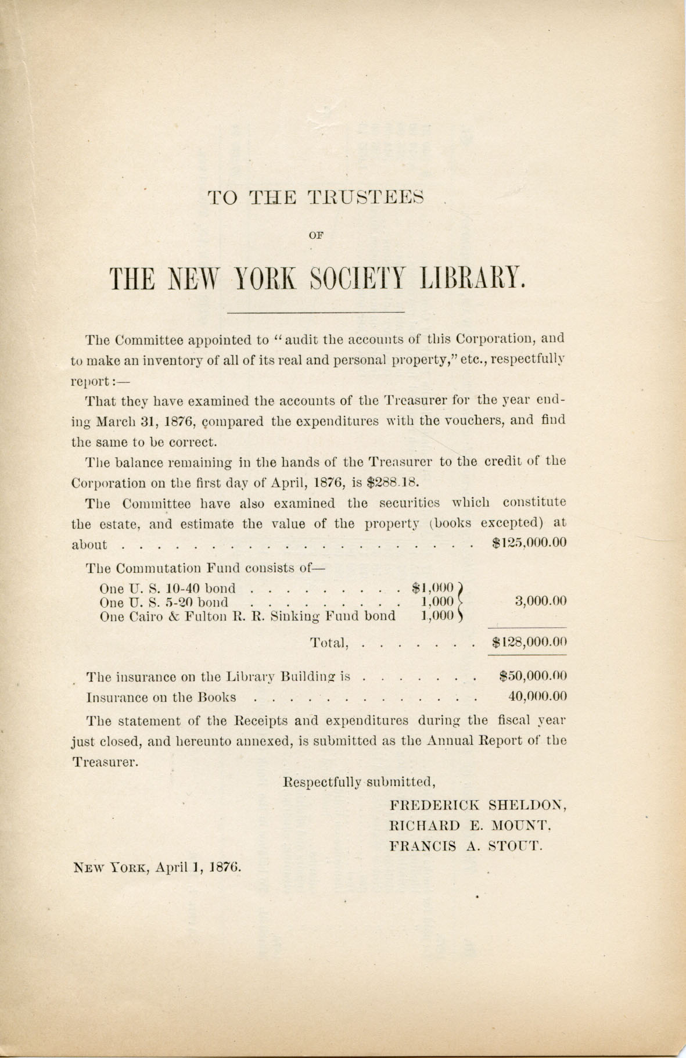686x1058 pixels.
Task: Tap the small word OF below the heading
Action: (x=317, y=235)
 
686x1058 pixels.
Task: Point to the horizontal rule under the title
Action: (x=317, y=313)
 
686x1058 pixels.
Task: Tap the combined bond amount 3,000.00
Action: (x=540, y=601)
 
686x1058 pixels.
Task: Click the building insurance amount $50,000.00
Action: (x=533, y=676)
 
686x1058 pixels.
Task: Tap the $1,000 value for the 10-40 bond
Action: (x=433, y=587)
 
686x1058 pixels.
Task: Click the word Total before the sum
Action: (x=329, y=643)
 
